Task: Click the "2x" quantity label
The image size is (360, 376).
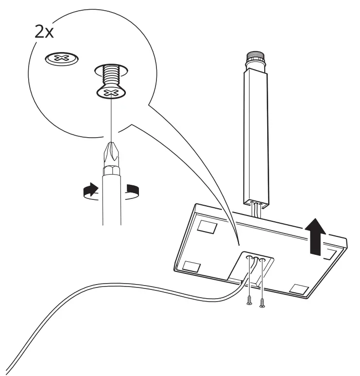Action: pos(44,32)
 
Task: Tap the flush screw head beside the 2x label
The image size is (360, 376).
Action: pos(62,58)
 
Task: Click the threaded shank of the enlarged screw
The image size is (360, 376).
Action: pos(111,74)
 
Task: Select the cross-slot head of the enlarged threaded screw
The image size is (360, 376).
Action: pos(112,92)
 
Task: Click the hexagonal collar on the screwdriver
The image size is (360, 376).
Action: pos(111,171)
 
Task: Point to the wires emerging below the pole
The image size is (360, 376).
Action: pos(256,209)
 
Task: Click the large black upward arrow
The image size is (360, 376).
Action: pos(315,236)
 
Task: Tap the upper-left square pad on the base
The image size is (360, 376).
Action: pos(207,226)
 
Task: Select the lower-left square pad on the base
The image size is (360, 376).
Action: pos(191,267)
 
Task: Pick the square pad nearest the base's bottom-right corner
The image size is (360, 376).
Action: pos(299,289)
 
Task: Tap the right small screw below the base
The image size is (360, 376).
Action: pos(262,303)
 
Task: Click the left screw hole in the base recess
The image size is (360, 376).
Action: pos(249,257)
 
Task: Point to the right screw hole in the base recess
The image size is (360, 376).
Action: pos(262,260)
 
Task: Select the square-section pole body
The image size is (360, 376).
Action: pos(257,137)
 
